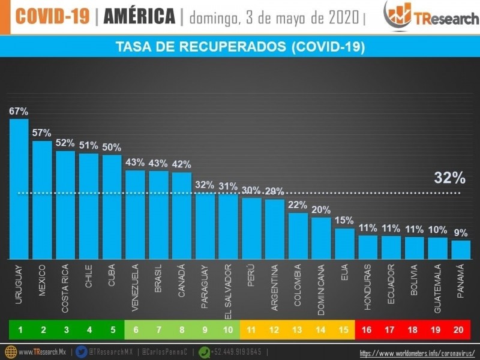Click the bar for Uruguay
pos(19,189)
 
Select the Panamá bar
pos(461,249)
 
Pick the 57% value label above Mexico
pos(42,133)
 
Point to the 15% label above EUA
pos(344,220)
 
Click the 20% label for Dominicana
pos(321,209)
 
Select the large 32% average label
pos(449,178)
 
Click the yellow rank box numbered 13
pos(298,329)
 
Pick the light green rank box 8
pos(182,329)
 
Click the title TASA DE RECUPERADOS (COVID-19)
pos(240,47)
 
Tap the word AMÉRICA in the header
pos(139,17)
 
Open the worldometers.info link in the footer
pos(417,353)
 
